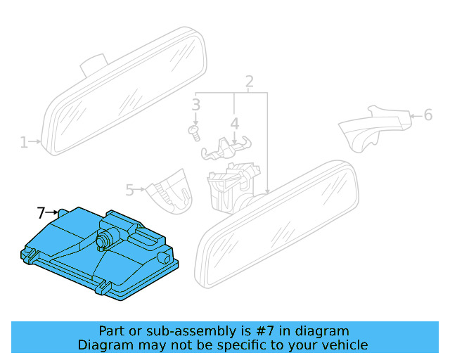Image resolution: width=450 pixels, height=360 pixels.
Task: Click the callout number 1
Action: click(24, 143)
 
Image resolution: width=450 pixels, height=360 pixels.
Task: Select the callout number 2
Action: click(249, 82)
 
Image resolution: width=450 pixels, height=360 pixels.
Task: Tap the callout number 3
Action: click(196, 105)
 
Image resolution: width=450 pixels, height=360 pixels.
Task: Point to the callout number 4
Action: click(234, 124)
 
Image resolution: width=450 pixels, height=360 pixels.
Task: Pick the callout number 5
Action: click(130, 189)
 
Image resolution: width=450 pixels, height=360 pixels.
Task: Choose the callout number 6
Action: click(427, 115)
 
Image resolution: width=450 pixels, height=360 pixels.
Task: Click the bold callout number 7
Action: click(41, 212)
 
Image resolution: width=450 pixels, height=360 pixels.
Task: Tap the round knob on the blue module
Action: click(105, 238)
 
